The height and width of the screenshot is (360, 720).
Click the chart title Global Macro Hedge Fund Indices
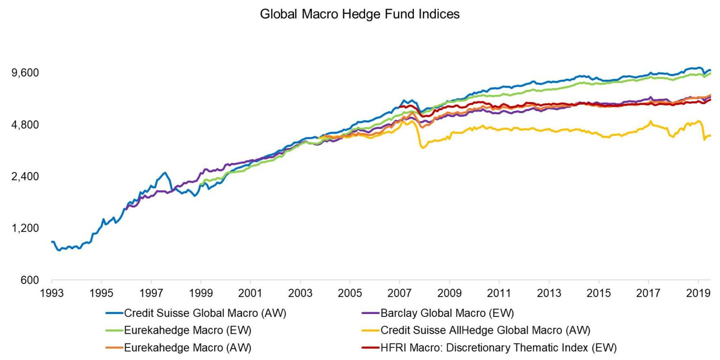tap(360, 14)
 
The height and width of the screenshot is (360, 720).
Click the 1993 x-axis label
tap(52, 293)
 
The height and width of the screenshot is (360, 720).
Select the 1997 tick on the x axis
tap(151, 293)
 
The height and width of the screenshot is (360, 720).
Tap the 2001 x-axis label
tap(250, 293)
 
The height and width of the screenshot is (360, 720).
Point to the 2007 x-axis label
tap(399, 293)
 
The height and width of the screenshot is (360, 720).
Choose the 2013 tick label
tap(548, 293)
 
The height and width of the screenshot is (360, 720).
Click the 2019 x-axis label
tap(697, 293)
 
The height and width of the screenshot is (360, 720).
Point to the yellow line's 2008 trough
tap(423, 148)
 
